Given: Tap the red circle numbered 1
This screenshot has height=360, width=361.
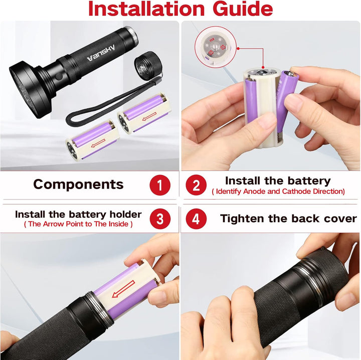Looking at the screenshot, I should point(159,186).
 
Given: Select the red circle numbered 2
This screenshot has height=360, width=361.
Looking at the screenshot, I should point(196,186).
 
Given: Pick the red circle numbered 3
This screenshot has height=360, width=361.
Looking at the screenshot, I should point(159,219).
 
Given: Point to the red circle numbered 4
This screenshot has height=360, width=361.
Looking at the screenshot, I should point(196,219).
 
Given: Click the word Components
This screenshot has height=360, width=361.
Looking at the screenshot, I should point(78,185).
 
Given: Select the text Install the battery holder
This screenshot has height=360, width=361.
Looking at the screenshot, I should point(78,215).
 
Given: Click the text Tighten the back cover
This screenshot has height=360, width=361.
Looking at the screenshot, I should point(288,219).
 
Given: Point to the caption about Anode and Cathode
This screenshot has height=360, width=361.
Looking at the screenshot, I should point(278,192).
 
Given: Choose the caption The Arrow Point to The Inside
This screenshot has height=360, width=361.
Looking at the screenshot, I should point(78,224).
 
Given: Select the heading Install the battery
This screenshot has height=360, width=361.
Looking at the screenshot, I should point(278,181).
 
